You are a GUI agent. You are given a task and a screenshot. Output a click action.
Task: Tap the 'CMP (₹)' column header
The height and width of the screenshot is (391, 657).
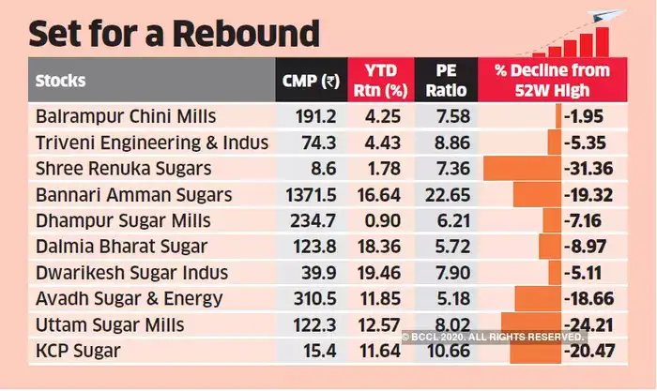click(311, 80)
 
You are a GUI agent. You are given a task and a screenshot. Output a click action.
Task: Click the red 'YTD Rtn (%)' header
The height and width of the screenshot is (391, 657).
click(376, 80)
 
